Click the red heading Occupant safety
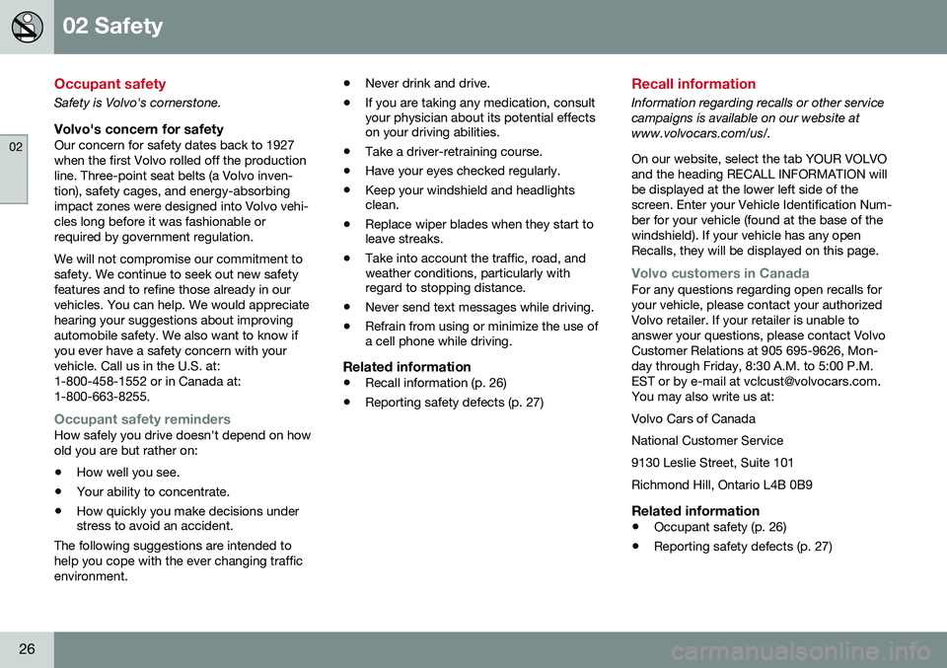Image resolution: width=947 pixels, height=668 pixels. (x=109, y=84)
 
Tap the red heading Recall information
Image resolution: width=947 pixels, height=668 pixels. (x=693, y=84)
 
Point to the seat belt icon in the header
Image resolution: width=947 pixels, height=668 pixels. (x=27, y=27)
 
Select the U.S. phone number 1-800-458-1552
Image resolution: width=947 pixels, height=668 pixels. (x=102, y=379)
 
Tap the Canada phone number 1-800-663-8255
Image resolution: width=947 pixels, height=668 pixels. (x=104, y=395)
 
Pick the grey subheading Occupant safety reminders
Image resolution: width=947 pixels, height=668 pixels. (x=142, y=419)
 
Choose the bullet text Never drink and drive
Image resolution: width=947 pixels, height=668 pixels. (x=427, y=83)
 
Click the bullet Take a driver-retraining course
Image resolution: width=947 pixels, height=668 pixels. (x=453, y=152)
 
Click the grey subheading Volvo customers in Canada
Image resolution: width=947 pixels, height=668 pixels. (x=720, y=272)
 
